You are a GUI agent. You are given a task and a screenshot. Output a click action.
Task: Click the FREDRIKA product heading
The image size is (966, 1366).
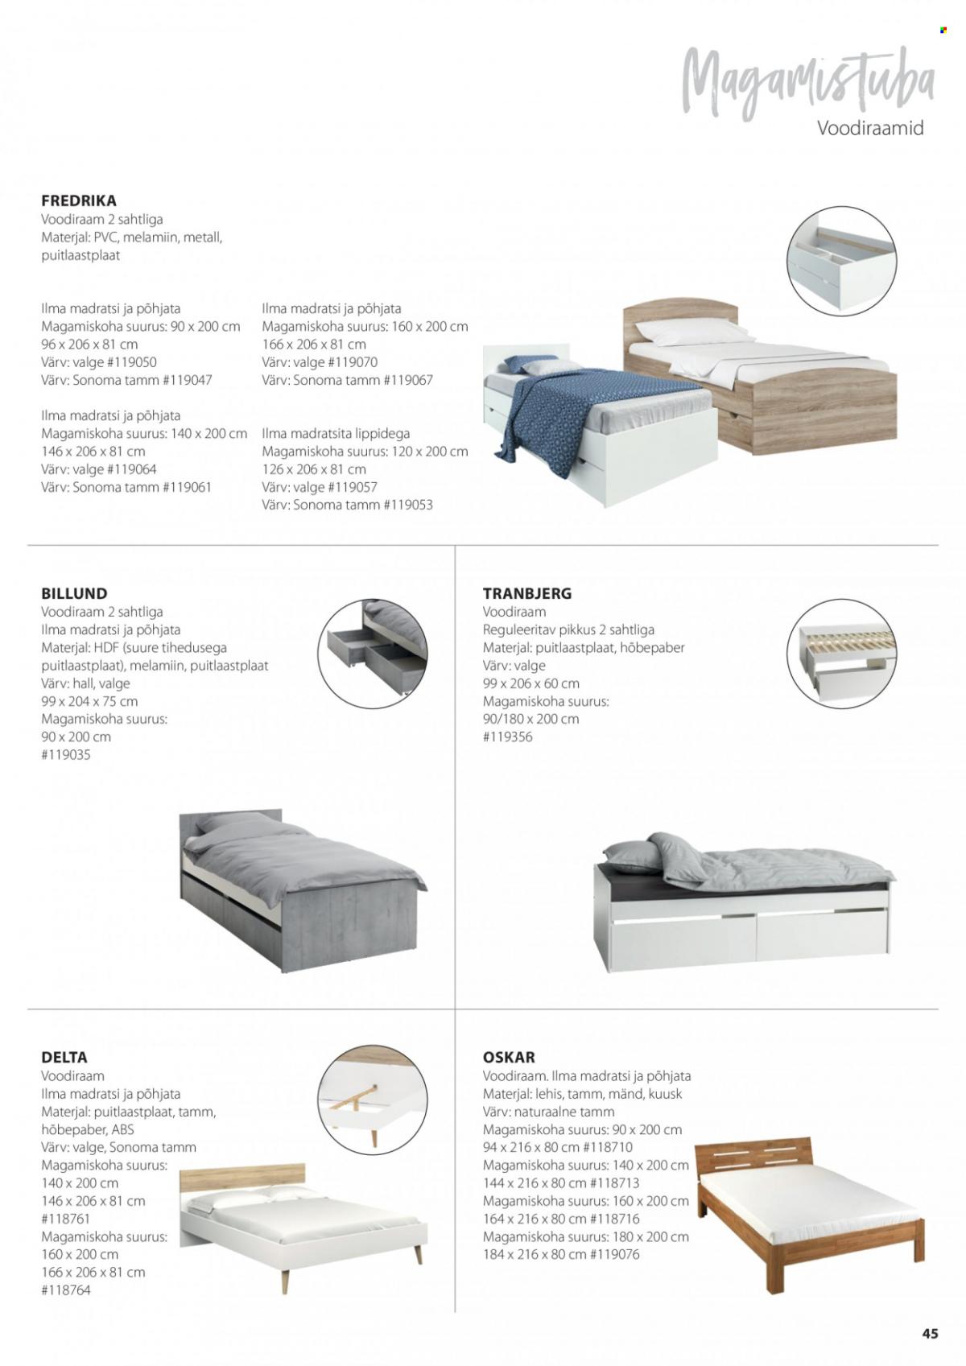(x=79, y=200)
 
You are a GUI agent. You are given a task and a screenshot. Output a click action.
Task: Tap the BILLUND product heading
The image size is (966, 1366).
(x=74, y=593)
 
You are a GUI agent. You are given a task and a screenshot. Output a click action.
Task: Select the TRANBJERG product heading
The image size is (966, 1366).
(x=527, y=593)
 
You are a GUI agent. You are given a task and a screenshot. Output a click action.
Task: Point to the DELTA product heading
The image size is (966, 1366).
(x=64, y=1057)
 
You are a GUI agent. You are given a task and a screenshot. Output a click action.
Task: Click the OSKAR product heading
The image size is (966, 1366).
(x=509, y=1057)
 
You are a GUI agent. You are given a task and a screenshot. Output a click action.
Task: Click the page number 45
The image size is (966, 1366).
(x=930, y=1333)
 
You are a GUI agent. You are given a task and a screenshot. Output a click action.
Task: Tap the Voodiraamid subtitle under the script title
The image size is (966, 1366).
(x=870, y=128)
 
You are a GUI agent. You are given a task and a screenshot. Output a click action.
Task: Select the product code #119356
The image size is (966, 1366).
(x=507, y=737)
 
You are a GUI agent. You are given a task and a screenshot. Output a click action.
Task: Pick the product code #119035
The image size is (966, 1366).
(x=66, y=755)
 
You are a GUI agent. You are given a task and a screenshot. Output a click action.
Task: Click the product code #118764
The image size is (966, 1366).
(x=66, y=1290)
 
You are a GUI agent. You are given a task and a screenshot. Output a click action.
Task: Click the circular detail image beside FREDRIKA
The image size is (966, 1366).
(x=840, y=259)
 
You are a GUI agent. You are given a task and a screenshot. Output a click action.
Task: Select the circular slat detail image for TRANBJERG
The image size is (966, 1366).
(x=840, y=654)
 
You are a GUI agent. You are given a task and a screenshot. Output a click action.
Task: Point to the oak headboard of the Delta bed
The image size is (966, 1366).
(x=242, y=1178)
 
